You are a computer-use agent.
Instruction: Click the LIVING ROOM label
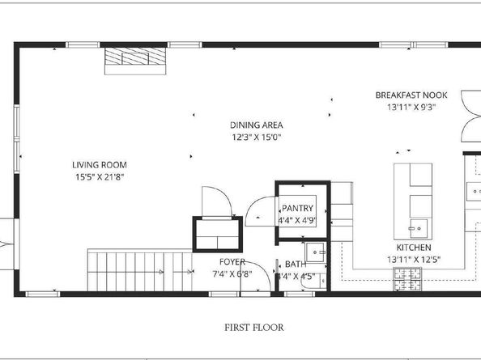pyautogui.click(x=99, y=164)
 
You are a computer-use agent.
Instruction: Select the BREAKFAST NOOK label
pyautogui.click(x=405, y=95)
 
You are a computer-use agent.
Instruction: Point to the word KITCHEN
pyautogui.click(x=412, y=247)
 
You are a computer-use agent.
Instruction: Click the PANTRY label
pyautogui.click(x=297, y=208)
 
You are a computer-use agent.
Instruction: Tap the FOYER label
pyautogui.click(x=232, y=262)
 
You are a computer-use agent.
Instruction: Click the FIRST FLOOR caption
pyautogui.click(x=254, y=328)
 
